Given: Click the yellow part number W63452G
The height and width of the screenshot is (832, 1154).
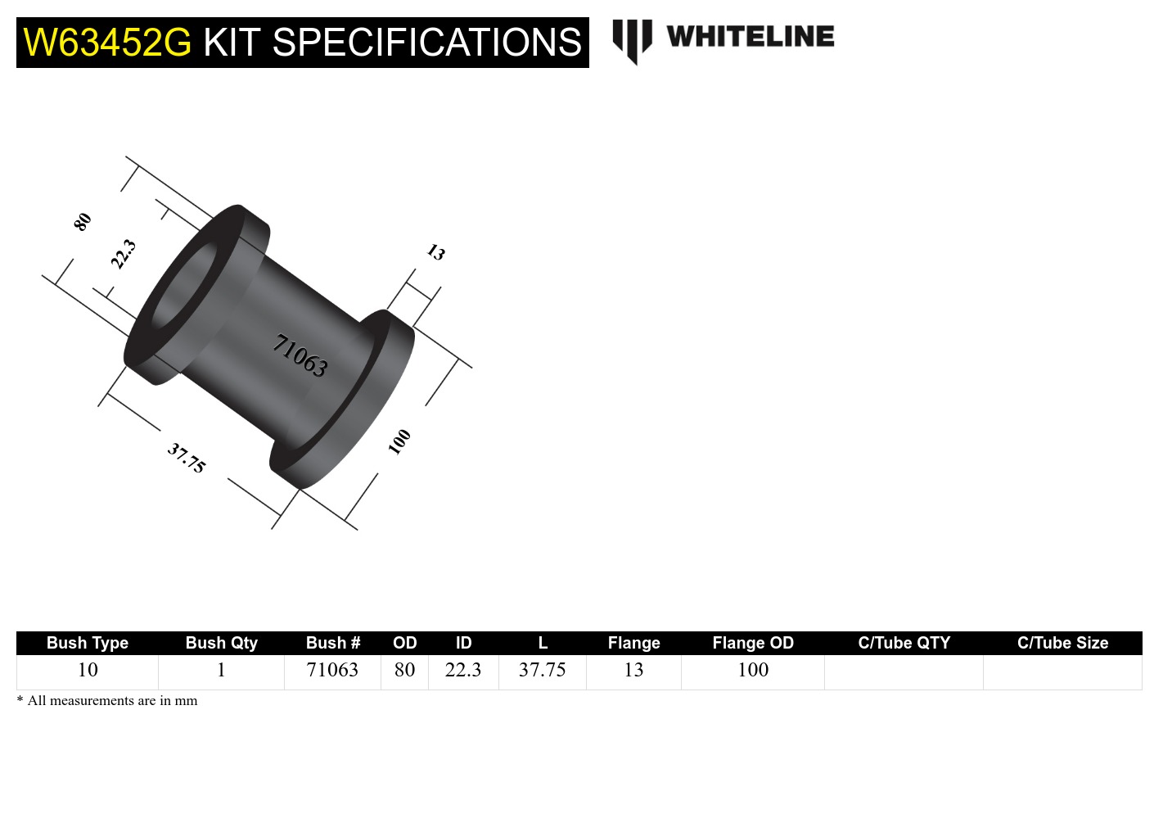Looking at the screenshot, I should point(107,43).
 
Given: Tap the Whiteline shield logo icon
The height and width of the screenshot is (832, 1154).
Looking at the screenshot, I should point(632,40).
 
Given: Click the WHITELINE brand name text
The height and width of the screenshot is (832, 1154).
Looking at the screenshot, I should point(750,37).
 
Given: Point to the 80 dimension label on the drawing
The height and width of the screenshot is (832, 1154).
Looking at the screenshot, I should point(83,222).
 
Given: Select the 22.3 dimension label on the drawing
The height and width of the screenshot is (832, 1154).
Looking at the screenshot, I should point(123,254).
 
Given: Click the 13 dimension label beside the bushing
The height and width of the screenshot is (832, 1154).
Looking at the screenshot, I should point(435,252).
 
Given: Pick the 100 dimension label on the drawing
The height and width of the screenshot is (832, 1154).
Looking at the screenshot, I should point(399,441).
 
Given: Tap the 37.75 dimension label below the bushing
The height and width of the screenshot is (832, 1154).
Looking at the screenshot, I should point(187,458).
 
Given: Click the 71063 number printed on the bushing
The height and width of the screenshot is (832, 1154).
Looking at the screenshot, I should point(300,355).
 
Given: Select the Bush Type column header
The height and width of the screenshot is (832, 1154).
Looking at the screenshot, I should point(87,643).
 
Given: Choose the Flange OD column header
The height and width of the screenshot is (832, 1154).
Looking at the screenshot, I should point(752,643).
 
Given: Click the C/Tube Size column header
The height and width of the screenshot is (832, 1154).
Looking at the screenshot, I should point(1062,643).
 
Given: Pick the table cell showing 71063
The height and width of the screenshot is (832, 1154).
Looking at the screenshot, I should point(331,670).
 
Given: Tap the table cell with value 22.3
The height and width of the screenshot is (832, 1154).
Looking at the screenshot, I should point(462,670).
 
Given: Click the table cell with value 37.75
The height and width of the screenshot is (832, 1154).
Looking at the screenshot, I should point(542,670).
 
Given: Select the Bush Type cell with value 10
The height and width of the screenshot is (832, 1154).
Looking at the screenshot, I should point(87,670).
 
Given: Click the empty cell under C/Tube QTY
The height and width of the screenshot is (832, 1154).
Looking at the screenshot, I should point(904,671).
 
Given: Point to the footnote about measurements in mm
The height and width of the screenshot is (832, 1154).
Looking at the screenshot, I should point(107,701).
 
